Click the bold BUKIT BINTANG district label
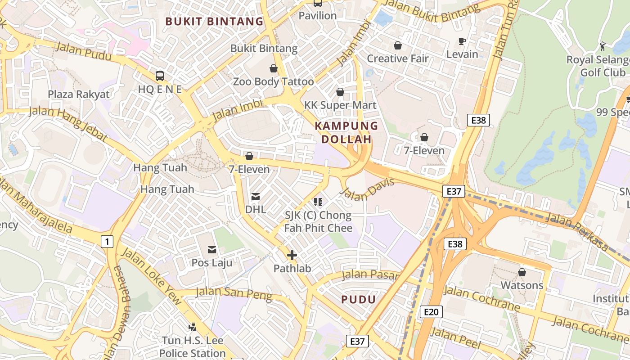[214, 21]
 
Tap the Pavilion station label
[318, 16]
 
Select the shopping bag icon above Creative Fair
[397, 45]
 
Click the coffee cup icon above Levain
[462, 41]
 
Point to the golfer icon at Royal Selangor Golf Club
[603, 46]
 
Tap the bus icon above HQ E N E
[160, 76]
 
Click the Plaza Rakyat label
[79, 94]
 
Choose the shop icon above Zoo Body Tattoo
[273, 68]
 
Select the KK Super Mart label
[340, 105]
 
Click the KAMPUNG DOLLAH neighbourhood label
[346, 132]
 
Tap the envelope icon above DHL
[256, 196]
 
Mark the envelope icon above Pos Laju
[211, 249]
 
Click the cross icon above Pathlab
[292, 256]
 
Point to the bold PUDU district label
[358, 299]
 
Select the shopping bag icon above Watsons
[522, 272]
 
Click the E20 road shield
[431, 312]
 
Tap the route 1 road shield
[107, 242]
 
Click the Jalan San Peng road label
[234, 293]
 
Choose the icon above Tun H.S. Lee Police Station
[192, 327]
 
